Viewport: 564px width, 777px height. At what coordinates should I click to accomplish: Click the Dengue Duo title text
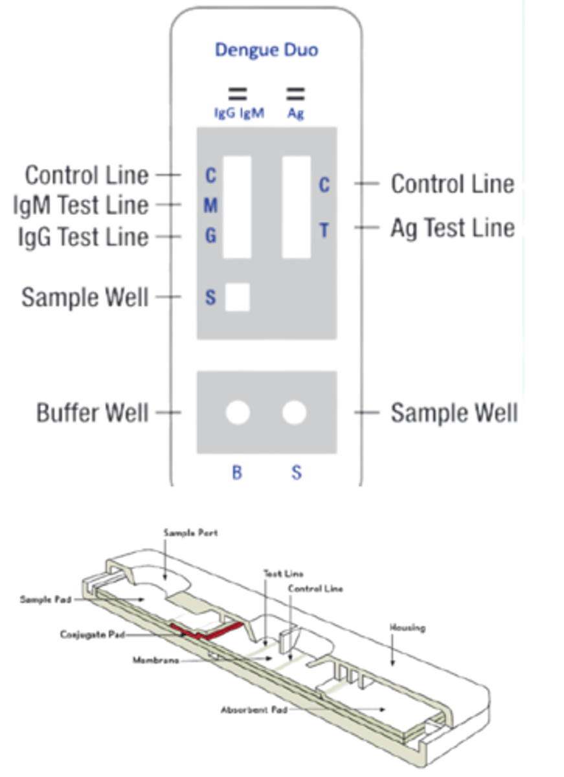tap(266, 50)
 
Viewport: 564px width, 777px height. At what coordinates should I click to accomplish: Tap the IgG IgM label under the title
tap(239, 113)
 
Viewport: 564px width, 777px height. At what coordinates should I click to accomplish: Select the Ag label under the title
tap(295, 113)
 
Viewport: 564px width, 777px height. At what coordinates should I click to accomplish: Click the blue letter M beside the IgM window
tap(210, 206)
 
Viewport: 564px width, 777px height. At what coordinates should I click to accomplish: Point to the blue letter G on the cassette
tap(210, 236)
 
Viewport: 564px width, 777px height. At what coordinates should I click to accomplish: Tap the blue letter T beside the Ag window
tap(324, 230)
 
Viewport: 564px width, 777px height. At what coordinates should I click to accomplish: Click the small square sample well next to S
tap(237, 297)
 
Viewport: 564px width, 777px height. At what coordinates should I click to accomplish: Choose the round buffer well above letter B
tap(237, 412)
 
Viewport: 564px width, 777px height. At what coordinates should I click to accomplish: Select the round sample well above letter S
tap(295, 412)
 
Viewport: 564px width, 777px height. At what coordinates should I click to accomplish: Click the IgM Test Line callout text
tap(81, 206)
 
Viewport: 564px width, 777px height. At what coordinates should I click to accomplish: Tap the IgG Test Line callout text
tap(84, 236)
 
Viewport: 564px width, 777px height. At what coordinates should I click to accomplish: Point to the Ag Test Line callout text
tap(452, 228)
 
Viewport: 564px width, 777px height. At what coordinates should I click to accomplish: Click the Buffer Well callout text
tap(92, 412)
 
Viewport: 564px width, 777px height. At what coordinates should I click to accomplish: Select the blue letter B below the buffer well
tap(237, 473)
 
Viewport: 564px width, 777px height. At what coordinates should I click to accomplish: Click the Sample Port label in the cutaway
tap(190, 532)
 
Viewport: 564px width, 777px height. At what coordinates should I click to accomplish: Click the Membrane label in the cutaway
tap(155, 660)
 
